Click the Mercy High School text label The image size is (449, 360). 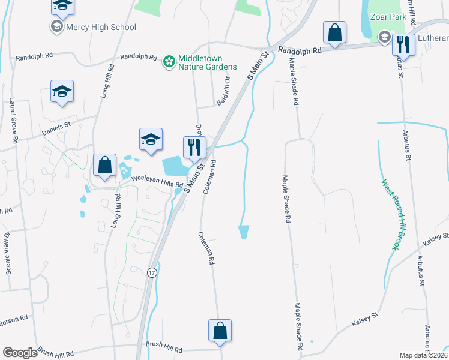point(101,27)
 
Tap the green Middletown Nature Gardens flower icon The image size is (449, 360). point(169,61)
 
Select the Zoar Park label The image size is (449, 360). point(388,17)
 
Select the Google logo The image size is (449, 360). point(20,353)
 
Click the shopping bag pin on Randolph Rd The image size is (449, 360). point(334,32)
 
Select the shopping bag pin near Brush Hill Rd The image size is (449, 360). point(220,330)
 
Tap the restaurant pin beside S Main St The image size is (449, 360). point(194,147)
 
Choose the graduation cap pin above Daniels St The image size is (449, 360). point(62,91)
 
